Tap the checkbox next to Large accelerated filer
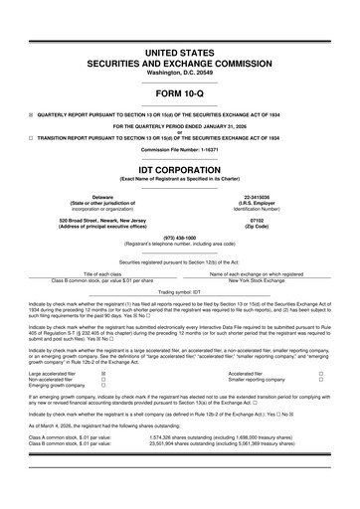click(105, 374)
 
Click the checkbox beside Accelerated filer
click(320, 374)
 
